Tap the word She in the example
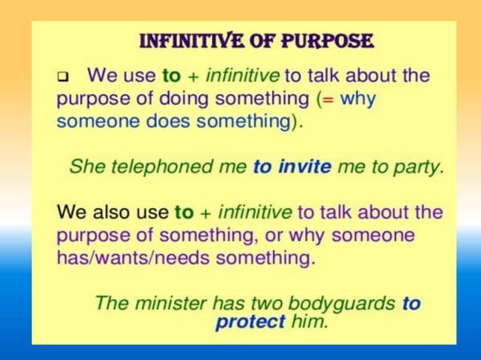click(x=86, y=167)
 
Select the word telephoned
click(x=158, y=167)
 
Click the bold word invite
click(x=304, y=167)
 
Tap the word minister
click(x=169, y=304)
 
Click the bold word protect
click(x=250, y=322)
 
